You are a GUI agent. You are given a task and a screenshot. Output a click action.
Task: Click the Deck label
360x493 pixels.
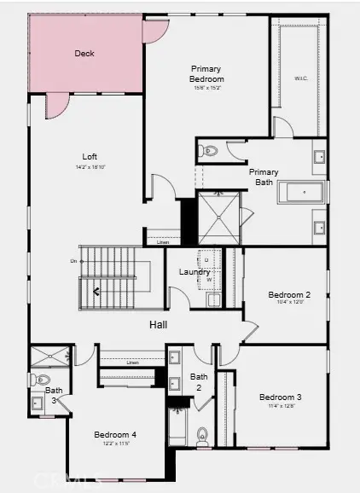click(84, 53)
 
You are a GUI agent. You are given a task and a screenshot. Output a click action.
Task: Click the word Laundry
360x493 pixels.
click(195, 272)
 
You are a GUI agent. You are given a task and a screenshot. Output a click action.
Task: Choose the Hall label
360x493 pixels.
click(159, 325)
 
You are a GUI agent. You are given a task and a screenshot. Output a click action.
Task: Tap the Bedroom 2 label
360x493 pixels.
click(289, 295)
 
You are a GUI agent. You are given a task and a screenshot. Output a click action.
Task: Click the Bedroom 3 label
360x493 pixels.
click(281, 397)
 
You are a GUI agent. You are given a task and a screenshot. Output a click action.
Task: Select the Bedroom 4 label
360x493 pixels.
click(115, 434)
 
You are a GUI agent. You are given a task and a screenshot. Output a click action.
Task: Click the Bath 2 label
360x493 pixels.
click(199, 380)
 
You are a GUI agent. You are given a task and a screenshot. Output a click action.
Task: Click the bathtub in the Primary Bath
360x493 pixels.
click(301, 193)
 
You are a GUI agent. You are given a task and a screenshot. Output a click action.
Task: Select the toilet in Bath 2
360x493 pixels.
click(203, 436)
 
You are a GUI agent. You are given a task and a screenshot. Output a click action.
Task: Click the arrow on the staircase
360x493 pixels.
click(96, 292)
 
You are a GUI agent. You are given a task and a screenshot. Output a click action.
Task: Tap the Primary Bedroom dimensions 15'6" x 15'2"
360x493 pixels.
click(206, 87)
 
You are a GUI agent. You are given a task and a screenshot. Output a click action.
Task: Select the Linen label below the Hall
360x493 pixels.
click(132, 362)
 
